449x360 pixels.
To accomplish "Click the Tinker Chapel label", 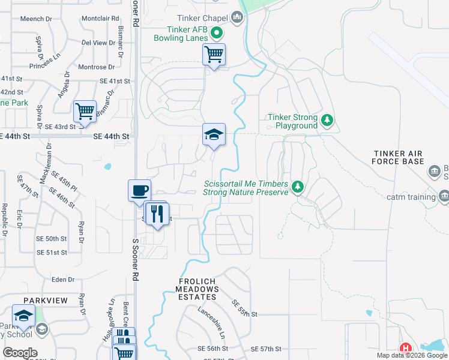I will coord(204,19).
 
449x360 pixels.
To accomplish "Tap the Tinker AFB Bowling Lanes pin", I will coord(217,34).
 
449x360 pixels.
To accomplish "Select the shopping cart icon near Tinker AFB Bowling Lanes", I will coord(214,55).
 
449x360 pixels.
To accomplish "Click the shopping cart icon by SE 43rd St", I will coord(85,112).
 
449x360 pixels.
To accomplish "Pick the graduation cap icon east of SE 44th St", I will coord(214,134).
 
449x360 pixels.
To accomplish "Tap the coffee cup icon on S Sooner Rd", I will coord(140,191).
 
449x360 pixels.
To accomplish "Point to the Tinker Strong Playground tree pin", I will coord(327,121).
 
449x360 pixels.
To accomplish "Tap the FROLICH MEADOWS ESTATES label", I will coord(197,289).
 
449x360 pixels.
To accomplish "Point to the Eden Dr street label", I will coord(62,280).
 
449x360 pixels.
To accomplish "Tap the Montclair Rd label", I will coord(99,19).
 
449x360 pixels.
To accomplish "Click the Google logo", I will coord(20,353).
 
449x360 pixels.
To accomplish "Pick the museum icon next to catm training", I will coord(444,196).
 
